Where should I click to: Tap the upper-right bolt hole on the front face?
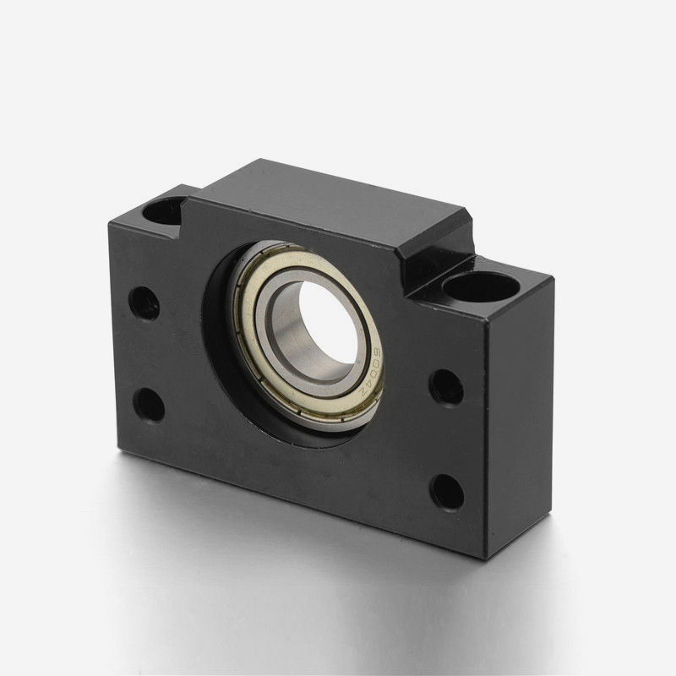coord(445,387)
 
